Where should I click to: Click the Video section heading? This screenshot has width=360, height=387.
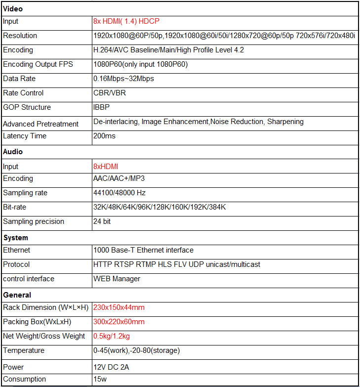(13, 8)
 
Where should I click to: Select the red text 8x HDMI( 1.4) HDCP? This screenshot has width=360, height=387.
(126, 22)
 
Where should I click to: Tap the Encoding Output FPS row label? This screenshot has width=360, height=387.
(38, 64)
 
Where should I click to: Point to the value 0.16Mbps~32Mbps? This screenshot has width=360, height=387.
(123, 79)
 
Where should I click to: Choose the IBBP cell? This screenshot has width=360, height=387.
(102, 107)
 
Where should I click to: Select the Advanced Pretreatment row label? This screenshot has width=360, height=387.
(40, 124)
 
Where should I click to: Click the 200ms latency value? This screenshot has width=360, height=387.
(104, 136)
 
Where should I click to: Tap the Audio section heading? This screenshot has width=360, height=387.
(13, 152)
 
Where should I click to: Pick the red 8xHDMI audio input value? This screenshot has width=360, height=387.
(106, 167)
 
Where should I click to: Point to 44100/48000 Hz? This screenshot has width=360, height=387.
(120, 193)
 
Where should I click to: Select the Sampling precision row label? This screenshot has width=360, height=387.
(34, 221)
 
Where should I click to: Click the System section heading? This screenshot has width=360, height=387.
(16, 238)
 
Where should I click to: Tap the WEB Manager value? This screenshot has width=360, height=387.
(117, 279)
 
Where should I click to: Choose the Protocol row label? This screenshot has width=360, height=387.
(16, 264)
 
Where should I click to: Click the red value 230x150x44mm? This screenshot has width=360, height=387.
(119, 307)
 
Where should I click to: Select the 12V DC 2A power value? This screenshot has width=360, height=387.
(112, 367)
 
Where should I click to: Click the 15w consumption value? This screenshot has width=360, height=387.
(100, 379)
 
